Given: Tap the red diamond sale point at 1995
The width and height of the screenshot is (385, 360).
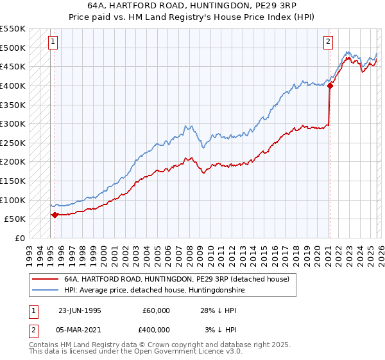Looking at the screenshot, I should (x=55, y=215).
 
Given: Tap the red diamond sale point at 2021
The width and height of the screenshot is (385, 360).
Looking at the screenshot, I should (x=330, y=85).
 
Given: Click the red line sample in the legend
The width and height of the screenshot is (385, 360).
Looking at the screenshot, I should (x=46, y=280).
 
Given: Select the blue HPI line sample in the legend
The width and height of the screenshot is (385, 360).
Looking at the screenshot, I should (x=46, y=291).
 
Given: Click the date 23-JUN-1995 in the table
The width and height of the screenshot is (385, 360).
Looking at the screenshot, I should (x=80, y=310).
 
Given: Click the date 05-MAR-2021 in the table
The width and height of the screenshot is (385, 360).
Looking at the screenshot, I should (x=80, y=329).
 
